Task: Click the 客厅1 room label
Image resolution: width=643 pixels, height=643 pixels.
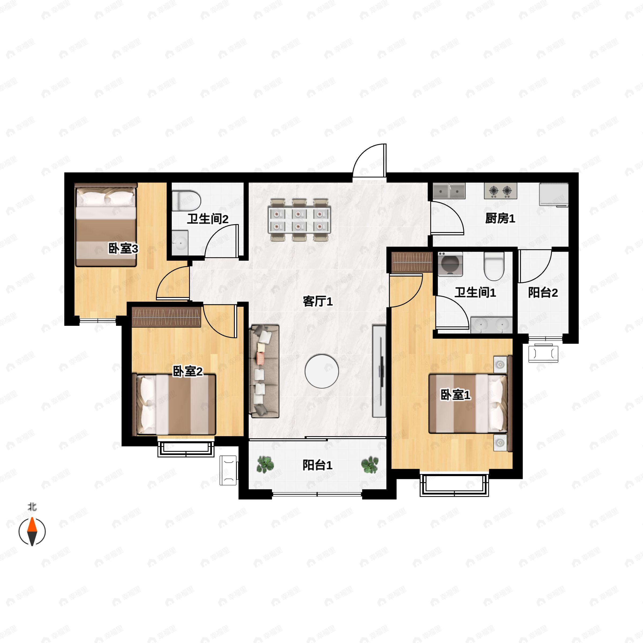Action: [317, 301]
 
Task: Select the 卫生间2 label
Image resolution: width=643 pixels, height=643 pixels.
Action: [207, 219]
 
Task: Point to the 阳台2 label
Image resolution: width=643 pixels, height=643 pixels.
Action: [543, 293]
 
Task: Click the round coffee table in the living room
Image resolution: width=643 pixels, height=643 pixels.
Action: [322, 371]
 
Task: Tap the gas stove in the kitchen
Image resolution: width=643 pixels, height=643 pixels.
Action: [500, 191]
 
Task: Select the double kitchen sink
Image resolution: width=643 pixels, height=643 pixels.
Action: [449, 191]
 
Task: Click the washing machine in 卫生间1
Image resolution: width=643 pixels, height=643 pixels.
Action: [450, 264]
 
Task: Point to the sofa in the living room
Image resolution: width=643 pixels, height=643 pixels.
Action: [264, 371]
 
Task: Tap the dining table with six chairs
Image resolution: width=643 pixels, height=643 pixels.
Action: [299, 220]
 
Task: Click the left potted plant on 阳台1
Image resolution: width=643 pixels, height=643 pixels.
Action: [265, 464]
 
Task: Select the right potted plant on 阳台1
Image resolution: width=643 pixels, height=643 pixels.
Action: [370, 464]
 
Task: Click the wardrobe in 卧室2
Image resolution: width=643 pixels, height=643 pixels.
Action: [167, 317]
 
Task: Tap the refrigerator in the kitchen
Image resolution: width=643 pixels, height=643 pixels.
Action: [554, 195]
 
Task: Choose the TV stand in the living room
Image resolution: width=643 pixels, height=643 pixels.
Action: [379, 371]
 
